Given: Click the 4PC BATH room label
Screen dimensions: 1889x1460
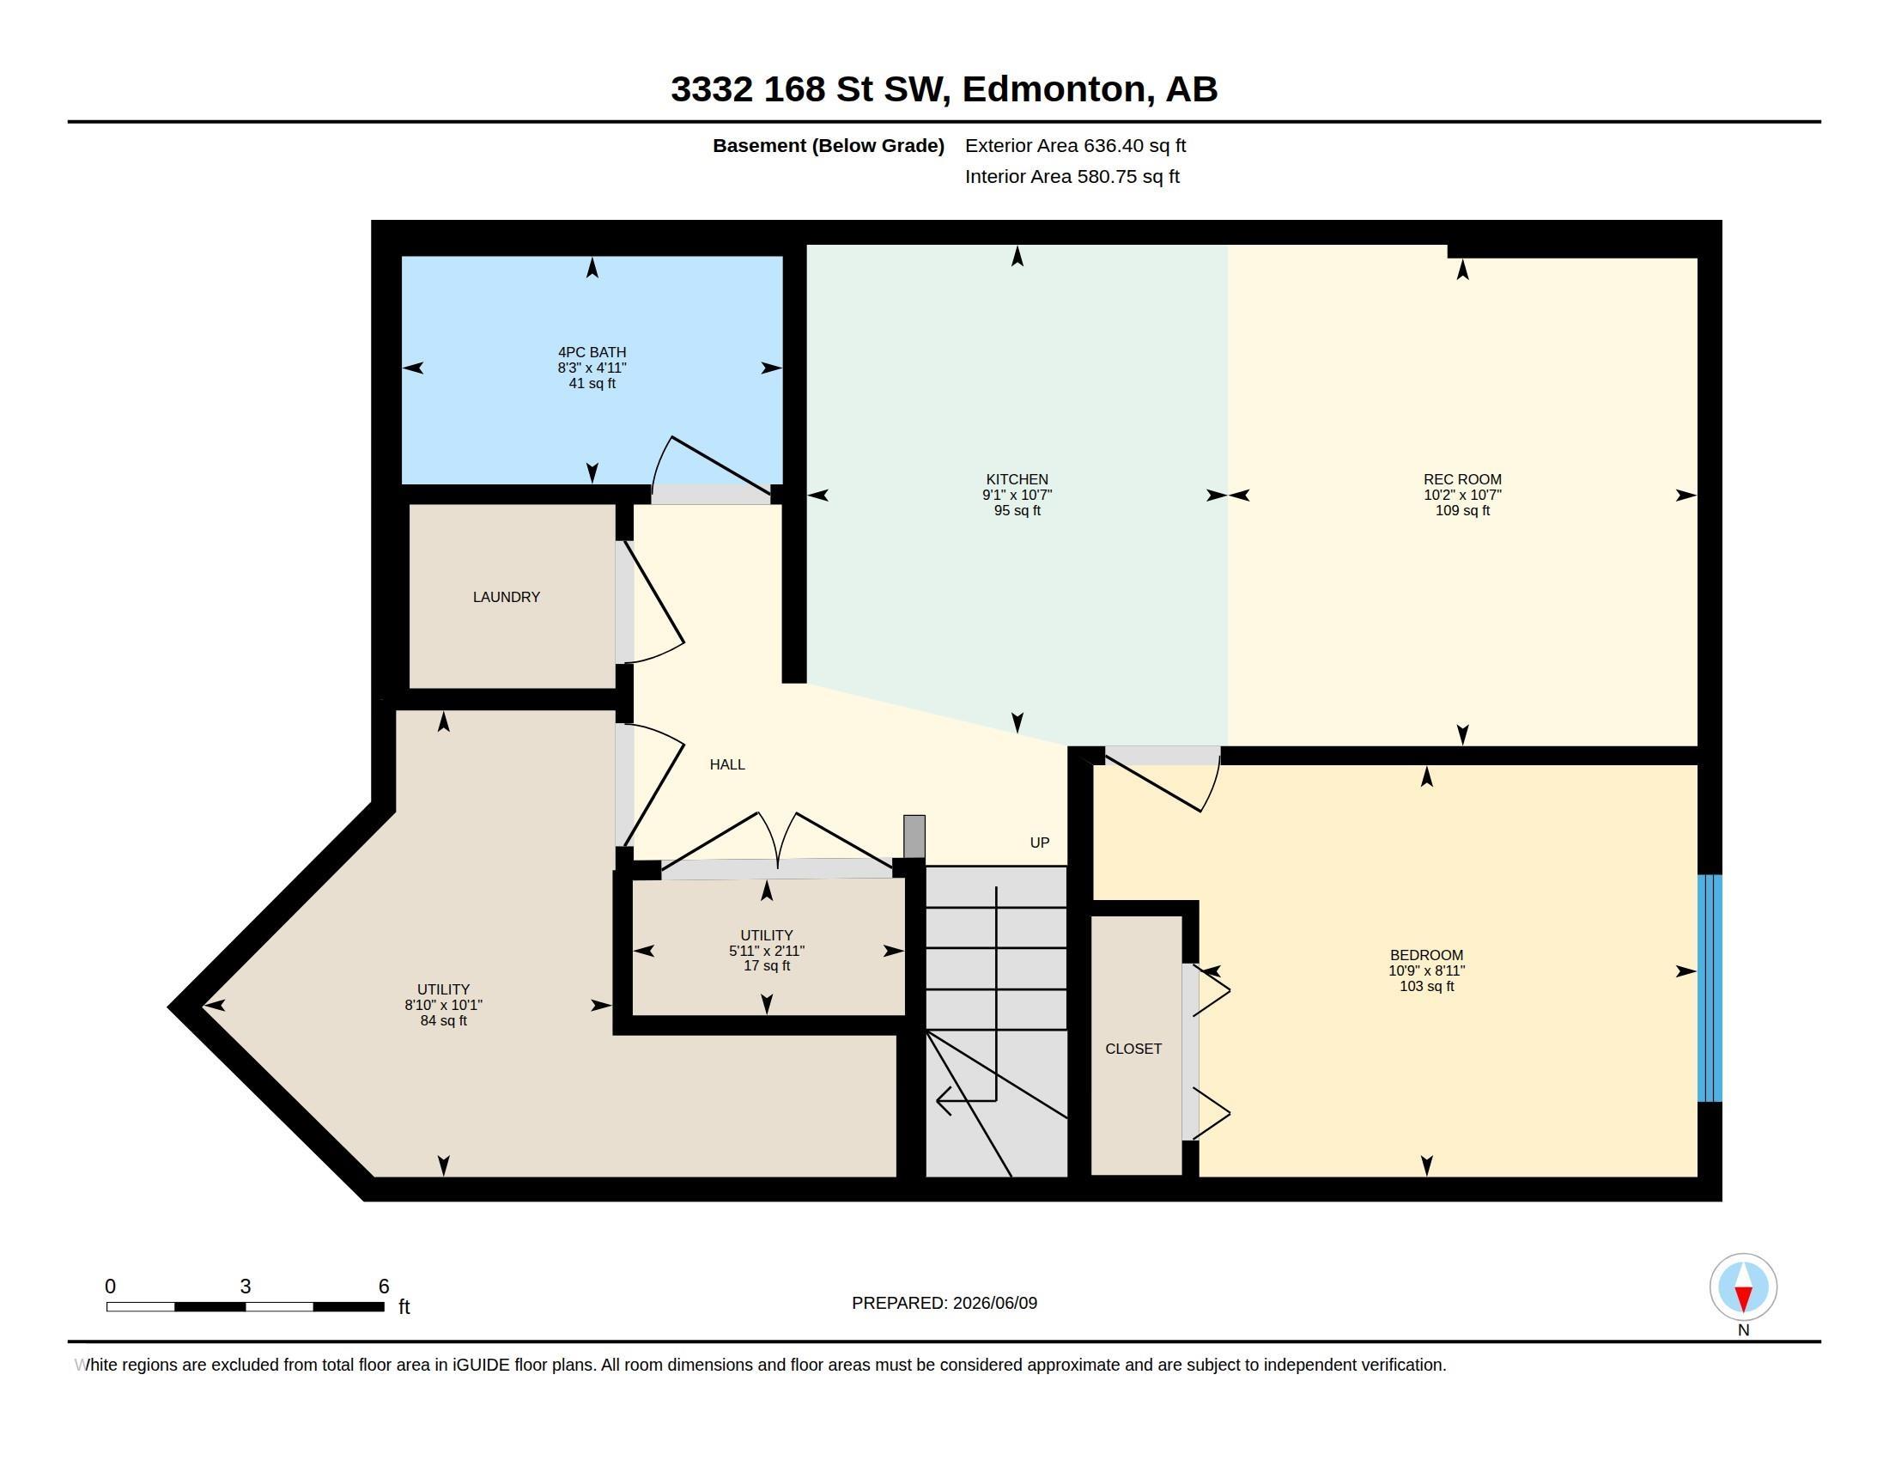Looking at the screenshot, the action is pyautogui.click(x=592, y=352).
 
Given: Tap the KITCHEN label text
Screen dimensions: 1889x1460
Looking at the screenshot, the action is pyautogui.click(x=1017, y=479).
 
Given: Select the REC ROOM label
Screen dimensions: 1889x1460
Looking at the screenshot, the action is pyautogui.click(x=1462, y=479).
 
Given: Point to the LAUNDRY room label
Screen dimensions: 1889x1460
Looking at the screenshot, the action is pyautogui.click(x=506, y=597).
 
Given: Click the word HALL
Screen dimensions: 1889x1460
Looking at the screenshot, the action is pyautogui.click(x=727, y=764).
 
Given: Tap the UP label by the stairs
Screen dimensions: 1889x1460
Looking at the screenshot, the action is pyautogui.click(x=1040, y=843).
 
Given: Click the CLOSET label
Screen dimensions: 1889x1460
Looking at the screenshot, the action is pyautogui.click(x=1133, y=1049).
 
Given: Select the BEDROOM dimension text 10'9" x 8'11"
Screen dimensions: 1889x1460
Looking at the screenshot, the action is pyautogui.click(x=1427, y=970).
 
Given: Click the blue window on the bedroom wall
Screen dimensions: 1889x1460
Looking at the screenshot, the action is pyautogui.click(x=1709, y=988).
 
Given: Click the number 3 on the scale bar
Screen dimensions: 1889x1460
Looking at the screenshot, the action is pyautogui.click(x=246, y=1287).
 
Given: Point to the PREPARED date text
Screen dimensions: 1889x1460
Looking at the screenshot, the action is pyautogui.click(x=944, y=1303).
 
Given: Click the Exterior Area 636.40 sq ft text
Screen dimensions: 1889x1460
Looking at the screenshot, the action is pyautogui.click(x=1075, y=145).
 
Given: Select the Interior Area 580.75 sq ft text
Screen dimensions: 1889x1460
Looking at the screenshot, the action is pyautogui.click(x=1072, y=176).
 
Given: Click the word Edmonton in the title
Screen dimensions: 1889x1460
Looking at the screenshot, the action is pyautogui.click(x=1058, y=89).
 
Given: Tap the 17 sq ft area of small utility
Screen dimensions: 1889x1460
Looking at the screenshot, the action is pyautogui.click(x=766, y=965).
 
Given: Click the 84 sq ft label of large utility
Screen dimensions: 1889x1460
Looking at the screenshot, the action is pyautogui.click(x=444, y=1020).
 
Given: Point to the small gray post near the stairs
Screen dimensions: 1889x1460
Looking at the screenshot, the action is pyautogui.click(x=914, y=836).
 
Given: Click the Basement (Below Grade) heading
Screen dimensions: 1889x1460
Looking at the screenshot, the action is pyautogui.click(x=828, y=145).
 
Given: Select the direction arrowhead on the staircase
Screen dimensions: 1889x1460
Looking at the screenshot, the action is pyautogui.click(x=944, y=1101).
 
